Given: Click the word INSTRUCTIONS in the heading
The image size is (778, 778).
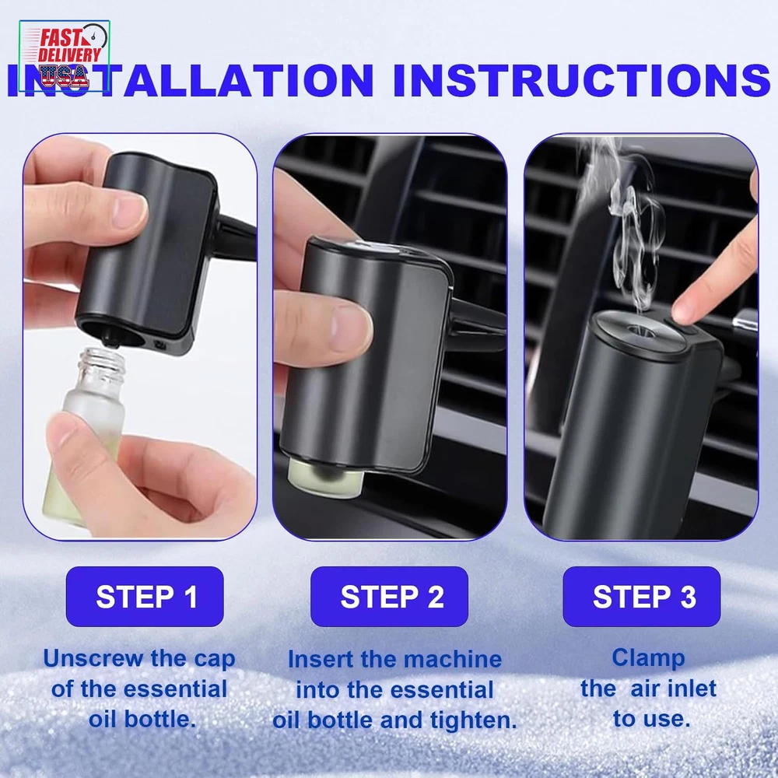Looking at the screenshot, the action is [582, 79].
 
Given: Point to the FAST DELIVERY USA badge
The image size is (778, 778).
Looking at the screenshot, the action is [65, 56].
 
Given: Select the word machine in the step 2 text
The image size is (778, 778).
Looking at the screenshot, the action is [453, 660].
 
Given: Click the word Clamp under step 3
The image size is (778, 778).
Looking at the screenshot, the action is [648, 659].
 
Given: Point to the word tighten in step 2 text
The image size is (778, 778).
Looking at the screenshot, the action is [473, 720].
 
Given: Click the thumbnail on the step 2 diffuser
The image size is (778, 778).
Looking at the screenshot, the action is [350, 328].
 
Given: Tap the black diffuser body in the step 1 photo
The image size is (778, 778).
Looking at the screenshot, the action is [149, 253].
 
